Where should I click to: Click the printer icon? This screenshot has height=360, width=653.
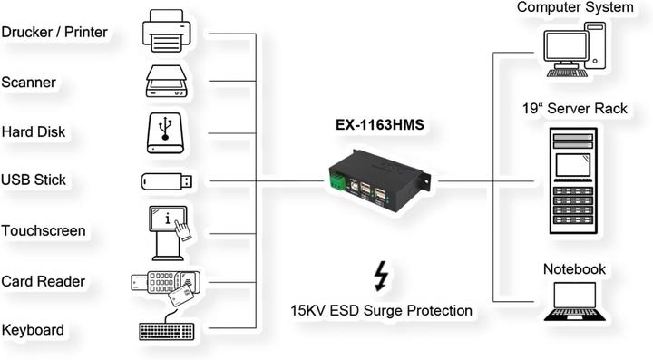167,30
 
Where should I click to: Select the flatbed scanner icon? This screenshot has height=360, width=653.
167,81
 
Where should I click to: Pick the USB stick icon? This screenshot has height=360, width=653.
167,180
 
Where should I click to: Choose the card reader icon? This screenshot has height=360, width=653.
167,283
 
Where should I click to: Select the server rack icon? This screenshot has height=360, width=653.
574,180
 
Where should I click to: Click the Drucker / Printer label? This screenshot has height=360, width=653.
54,33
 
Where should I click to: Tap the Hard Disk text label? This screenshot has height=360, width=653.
33,131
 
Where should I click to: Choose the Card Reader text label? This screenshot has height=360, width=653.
43,281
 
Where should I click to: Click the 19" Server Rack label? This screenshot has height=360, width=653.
575,108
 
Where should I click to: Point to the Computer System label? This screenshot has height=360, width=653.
575,8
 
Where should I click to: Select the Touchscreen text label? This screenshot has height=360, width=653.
44,230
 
